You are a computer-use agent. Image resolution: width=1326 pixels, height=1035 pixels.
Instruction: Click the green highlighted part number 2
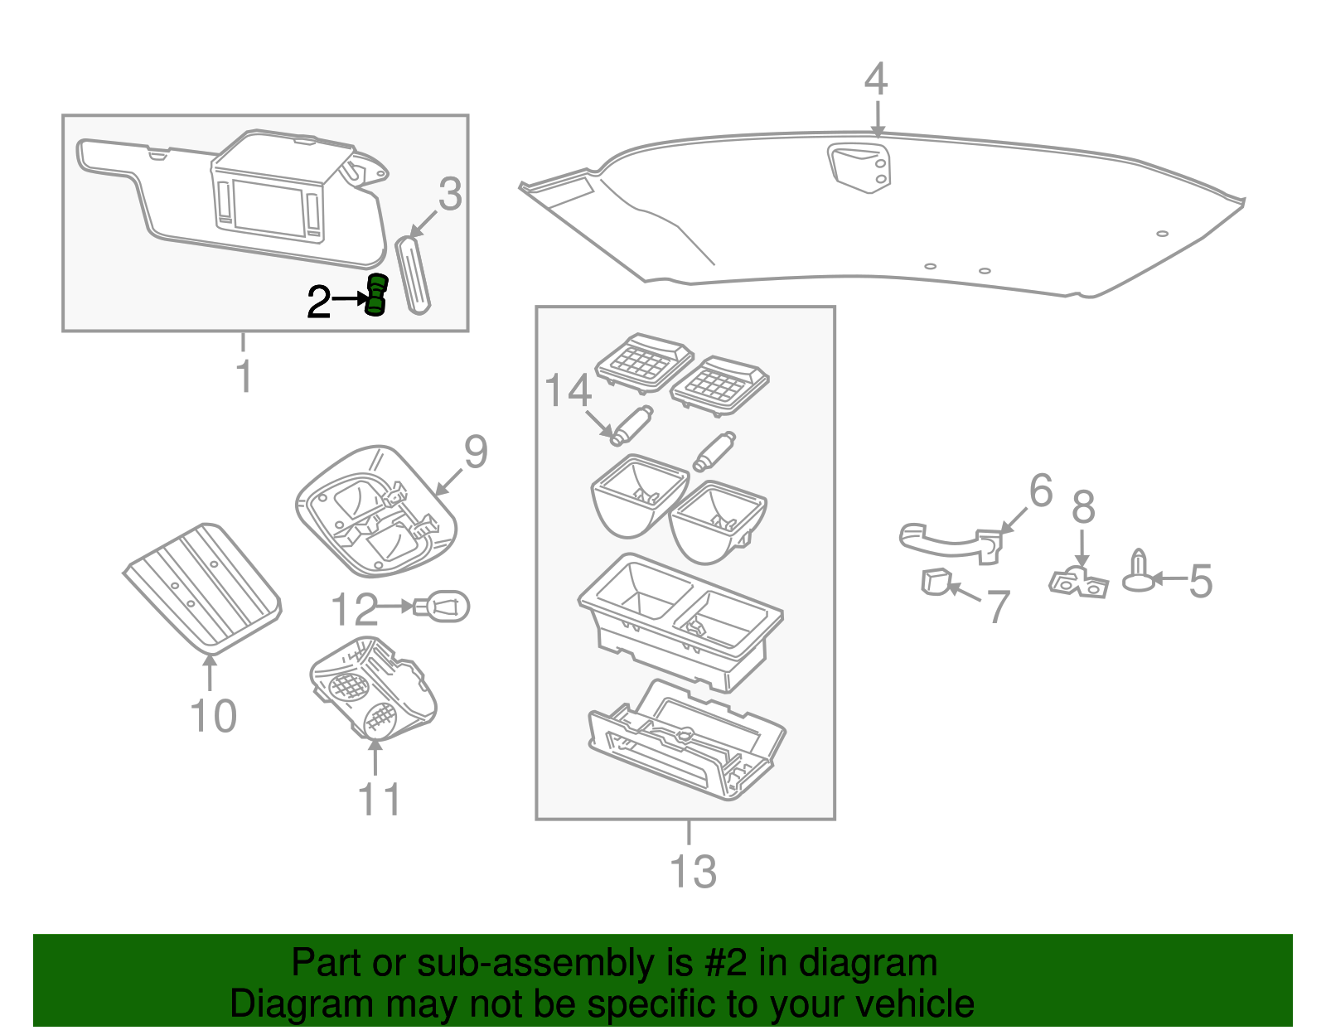376,295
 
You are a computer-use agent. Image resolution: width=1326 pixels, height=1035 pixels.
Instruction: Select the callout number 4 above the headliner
876,80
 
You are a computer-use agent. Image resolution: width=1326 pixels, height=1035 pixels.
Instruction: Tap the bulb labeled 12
443,607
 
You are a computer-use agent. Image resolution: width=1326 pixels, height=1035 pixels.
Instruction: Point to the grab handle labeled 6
949,541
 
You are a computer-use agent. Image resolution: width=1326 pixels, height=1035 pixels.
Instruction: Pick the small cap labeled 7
934,582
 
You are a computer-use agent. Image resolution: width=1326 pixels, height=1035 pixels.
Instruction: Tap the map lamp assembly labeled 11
373,688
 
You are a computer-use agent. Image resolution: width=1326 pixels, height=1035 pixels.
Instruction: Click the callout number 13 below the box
692,872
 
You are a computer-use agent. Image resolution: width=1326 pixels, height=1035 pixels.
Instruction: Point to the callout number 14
568,390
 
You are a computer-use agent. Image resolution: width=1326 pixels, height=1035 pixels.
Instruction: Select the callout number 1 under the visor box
244,375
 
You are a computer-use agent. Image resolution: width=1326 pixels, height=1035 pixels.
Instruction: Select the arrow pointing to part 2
348,300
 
